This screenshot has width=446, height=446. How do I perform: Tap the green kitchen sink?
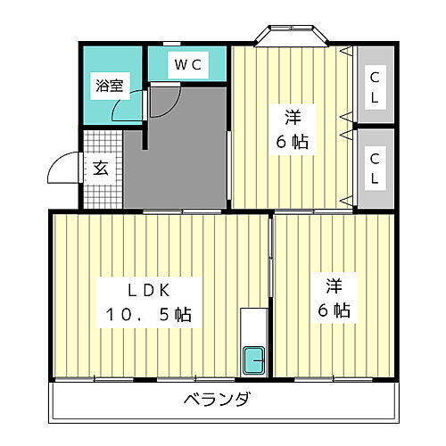(254, 360)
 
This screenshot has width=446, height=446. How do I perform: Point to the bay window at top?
(293, 37)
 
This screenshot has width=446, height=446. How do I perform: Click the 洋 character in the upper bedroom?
(293, 116)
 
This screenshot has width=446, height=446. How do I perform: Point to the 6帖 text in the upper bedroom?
(293, 141)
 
